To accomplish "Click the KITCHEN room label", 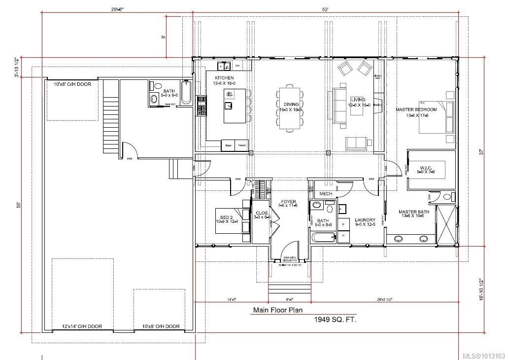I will coord(224,78).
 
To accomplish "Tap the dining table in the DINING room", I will coord(289,108).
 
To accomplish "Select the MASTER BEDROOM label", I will coord(416,109).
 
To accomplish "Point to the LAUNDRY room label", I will coord(365,220).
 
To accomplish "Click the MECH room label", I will coord(326,194).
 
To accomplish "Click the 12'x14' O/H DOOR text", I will coord(82,326).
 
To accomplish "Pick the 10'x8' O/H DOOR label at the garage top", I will coord(72,84).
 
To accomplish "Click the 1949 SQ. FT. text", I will coord(335,320).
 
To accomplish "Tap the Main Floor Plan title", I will coord(277,310).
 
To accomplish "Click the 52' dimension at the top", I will coord(325,9).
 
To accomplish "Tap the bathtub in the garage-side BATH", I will coord(186,93).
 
